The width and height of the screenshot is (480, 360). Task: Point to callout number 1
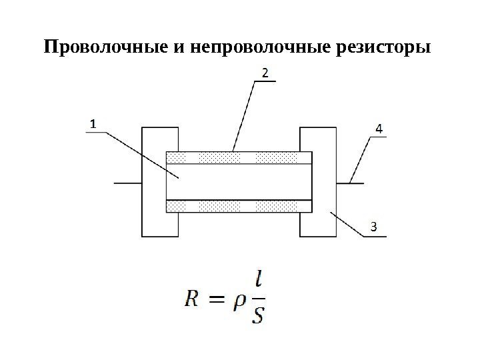(x=93, y=123)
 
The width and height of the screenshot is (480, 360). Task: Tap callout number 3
(x=373, y=227)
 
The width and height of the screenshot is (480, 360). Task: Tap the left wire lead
(x=127, y=182)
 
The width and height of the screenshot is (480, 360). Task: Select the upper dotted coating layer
(x=239, y=157)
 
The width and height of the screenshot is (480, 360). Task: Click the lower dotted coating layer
(x=239, y=207)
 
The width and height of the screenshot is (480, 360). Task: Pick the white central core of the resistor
(x=239, y=181)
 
